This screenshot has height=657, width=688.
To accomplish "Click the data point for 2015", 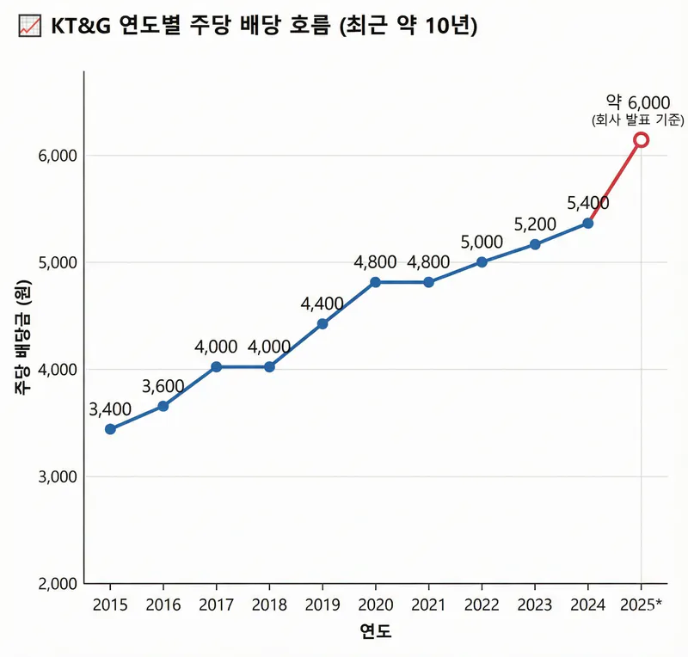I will [110, 429].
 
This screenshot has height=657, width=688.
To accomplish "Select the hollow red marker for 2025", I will [641, 139].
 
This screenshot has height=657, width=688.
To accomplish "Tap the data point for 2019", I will [322, 324].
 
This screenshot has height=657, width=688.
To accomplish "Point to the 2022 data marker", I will [482, 261].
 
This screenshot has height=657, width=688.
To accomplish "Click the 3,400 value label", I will [110, 408].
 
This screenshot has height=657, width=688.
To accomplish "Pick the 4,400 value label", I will [322, 303].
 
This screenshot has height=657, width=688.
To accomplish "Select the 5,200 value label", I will [535, 224].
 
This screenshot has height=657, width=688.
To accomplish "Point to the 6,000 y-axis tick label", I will [58, 156].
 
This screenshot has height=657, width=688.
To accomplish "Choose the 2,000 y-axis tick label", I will [58, 584].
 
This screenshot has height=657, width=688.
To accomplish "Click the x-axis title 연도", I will [375, 632].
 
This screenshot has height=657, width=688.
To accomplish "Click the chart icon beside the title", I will [28, 27].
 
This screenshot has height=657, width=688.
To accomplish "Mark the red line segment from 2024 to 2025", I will [614, 181].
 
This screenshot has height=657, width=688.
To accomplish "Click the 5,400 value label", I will [588, 203].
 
